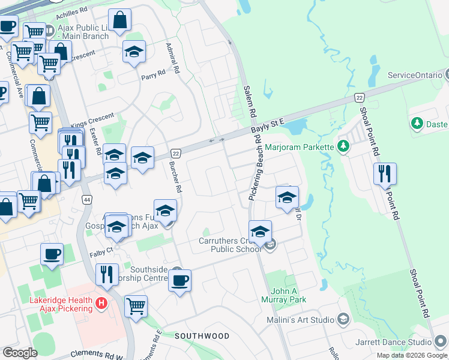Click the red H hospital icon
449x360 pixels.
[101, 304]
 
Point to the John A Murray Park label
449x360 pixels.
[285, 295]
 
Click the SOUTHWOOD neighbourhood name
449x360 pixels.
[202, 336]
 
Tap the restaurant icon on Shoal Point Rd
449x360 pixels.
[385, 173]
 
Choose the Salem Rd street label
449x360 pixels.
[250, 101]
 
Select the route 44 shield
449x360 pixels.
[88, 199]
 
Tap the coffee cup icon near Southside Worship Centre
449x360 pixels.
[179, 280]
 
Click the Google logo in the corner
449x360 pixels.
[20, 353]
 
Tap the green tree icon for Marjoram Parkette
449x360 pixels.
[343, 146]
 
